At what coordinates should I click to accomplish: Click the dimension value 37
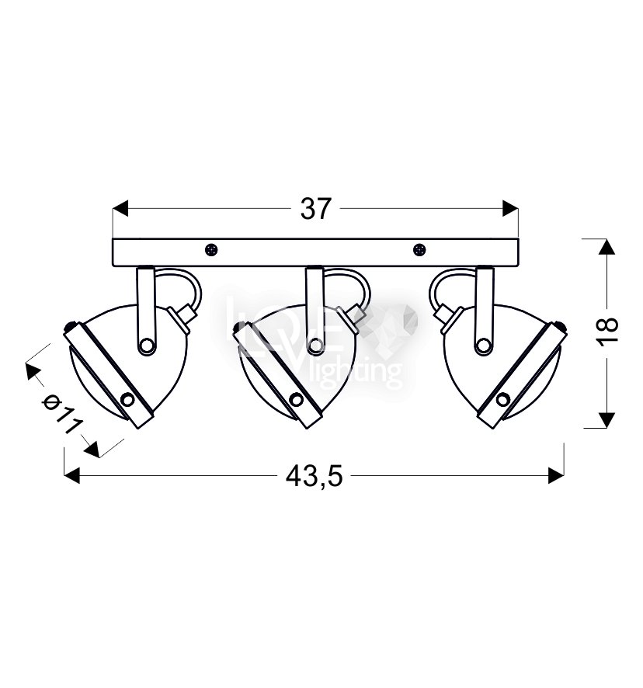tap(315, 208)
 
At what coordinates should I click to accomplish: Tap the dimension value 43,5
tap(314, 476)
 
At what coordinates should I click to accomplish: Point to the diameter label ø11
tap(62, 413)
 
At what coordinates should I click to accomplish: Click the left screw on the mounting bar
tap(211, 250)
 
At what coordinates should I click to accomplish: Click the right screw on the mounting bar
tap(419, 250)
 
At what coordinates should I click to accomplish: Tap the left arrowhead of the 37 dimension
tap(120, 208)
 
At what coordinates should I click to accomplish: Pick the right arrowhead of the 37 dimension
tap(510, 208)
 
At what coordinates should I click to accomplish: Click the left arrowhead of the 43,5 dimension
tap(72, 476)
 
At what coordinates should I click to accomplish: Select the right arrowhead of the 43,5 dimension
tap(556, 476)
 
